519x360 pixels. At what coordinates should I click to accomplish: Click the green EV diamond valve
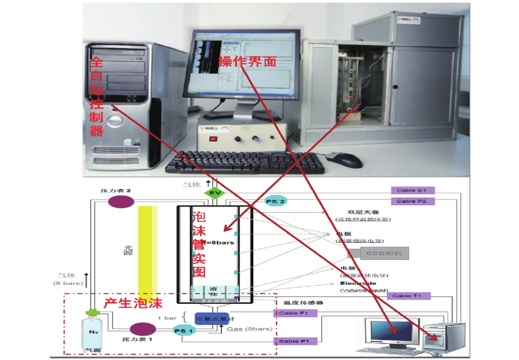[x=215, y=193]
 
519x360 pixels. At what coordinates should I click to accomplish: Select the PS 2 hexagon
[x=275, y=201]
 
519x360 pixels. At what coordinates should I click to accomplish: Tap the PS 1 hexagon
[x=184, y=330]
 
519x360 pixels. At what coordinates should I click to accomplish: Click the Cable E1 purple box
[x=413, y=190]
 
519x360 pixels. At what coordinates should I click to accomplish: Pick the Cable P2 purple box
[x=413, y=201]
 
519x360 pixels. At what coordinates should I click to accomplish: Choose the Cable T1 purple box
[x=409, y=296]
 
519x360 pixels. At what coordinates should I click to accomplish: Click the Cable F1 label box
[x=295, y=313]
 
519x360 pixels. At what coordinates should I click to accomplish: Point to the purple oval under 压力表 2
[x=121, y=202]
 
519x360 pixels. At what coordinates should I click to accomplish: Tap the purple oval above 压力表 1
[x=142, y=329]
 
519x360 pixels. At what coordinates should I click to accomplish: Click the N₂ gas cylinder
[x=93, y=333]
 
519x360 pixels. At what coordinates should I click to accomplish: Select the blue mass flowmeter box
[x=212, y=318]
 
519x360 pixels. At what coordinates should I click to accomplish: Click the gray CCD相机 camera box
[x=384, y=253]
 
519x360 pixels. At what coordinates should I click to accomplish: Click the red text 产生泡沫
[x=133, y=303]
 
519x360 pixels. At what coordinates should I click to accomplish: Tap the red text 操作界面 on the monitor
[x=247, y=62]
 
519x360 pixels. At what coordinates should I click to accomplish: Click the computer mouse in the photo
[x=344, y=160]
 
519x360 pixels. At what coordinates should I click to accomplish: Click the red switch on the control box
[x=213, y=139]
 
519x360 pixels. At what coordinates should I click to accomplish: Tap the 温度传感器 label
[x=303, y=302]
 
